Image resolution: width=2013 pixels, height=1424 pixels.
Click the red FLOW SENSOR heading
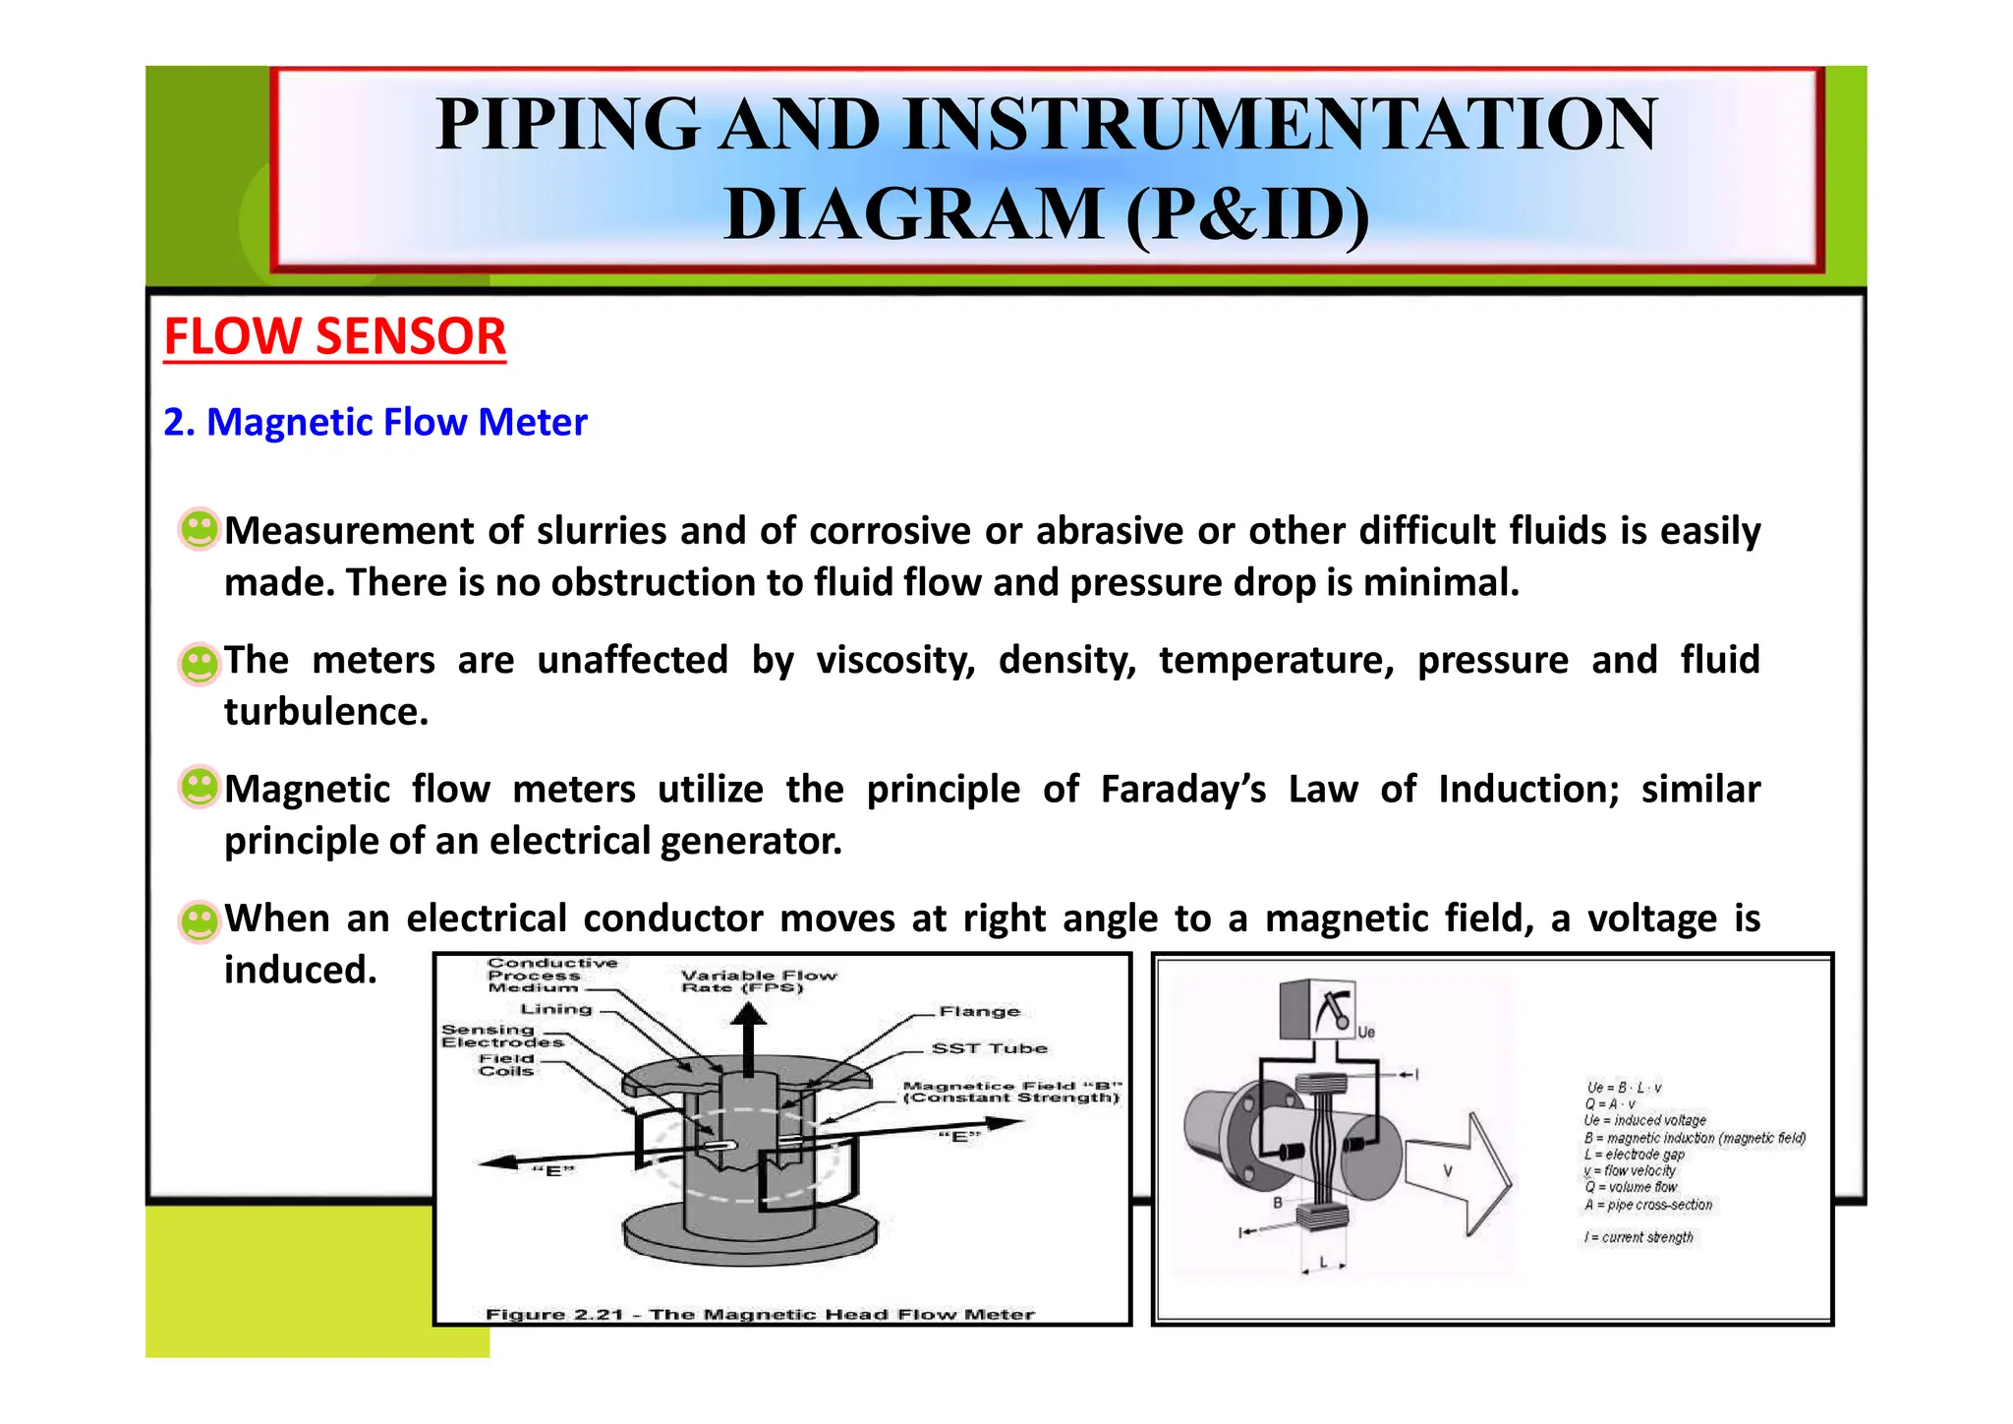tap(334, 336)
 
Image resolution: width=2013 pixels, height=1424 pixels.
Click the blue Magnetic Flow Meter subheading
tap(375, 422)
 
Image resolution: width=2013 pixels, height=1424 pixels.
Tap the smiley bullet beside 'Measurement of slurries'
tap(199, 529)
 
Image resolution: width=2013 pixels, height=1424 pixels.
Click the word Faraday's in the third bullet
tap(1182, 790)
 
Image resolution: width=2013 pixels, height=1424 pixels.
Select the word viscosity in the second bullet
tap(895, 660)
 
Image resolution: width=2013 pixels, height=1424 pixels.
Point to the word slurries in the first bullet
tap(602, 531)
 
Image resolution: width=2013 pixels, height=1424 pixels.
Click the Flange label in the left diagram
tap(979, 1011)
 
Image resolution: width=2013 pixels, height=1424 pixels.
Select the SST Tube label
tap(989, 1048)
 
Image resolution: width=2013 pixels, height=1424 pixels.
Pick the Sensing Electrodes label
tap(501, 1036)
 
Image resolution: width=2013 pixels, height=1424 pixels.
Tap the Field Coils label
tap(506, 1065)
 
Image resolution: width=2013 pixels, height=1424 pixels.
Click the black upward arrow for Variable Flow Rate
tap(749, 1044)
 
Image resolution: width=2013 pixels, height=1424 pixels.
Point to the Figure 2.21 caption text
tap(759, 1314)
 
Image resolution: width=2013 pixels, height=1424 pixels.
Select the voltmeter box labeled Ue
tap(1318, 1009)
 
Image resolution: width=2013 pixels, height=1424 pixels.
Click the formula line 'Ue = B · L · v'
tap(1624, 1088)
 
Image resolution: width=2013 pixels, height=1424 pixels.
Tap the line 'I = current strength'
tap(1638, 1237)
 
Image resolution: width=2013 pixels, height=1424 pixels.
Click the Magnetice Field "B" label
tap(1010, 1092)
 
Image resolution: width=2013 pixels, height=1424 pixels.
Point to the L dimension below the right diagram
tap(1323, 1263)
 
